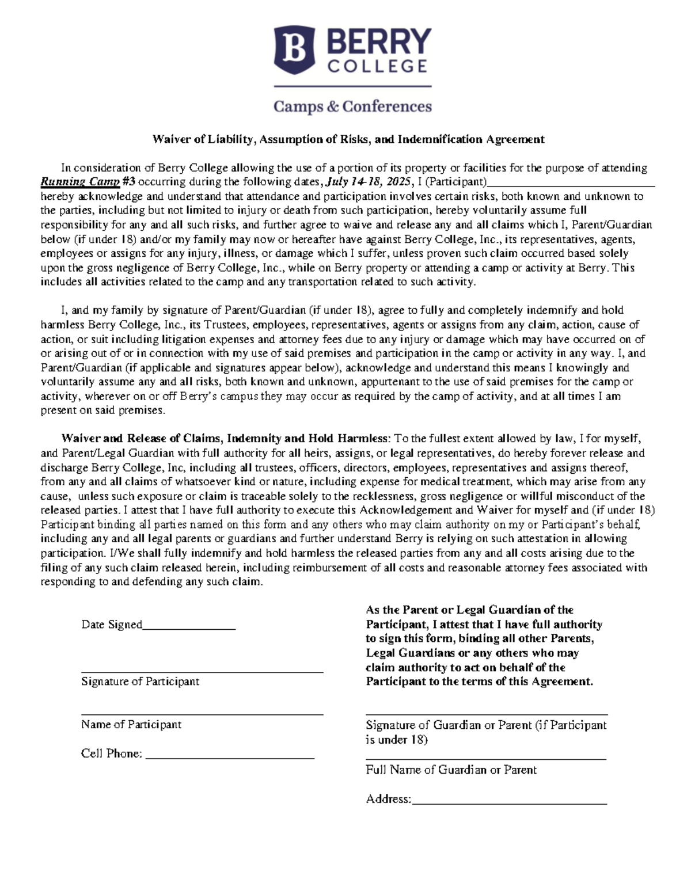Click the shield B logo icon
(294, 50)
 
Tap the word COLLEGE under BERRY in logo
(378, 66)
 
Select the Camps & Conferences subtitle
(352, 106)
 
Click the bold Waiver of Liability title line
(348, 139)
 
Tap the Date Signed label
(112, 625)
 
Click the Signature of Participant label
(140, 682)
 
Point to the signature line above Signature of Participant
(202, 672)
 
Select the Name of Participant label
(131, 725)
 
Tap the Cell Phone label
(112, 754)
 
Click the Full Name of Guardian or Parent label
(451, 770)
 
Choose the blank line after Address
(509, 802)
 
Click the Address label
(388, 799)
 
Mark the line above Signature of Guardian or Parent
(487, 715)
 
